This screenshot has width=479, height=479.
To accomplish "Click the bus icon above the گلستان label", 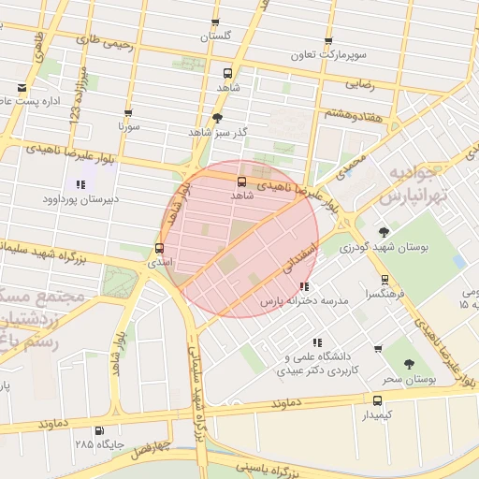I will click(215, 22).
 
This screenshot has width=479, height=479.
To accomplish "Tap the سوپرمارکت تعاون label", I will click(328, 56).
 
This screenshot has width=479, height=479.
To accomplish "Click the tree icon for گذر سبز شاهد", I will click(218, 118).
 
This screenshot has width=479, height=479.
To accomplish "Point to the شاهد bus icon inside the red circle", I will click(242, 181).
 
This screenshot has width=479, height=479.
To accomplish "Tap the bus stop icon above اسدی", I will click(159, 249).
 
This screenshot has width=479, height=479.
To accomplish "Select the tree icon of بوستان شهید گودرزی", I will click(384, 232).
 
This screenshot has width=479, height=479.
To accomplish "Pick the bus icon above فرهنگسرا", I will click(385, 279).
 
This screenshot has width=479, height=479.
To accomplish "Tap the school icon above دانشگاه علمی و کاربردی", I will click(317, 343).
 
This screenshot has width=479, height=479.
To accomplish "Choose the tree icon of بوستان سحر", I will click(409, 366).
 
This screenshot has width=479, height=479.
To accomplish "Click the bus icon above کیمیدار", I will click(378, 399).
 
